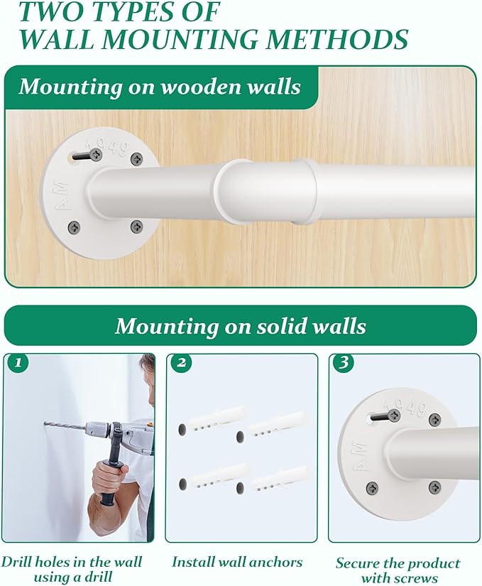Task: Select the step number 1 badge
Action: pyautogui.click(x=17, y=362)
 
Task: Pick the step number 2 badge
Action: pyautogui.click(x=182, y=362)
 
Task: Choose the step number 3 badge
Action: pyautogui.click(x=344, y=362)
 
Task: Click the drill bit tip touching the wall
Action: pyautogui.click(x=45, y=424)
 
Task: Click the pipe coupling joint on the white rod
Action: pyautogui.click(x=265, y=192)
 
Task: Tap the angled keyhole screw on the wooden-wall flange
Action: pyautogui.click(x=88, y=155)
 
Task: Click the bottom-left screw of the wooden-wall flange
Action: pyautogui.click(x=75, y=227)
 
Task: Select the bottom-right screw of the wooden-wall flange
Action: pyautogui.click(x=137, y=226)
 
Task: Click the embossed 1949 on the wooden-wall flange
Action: pyautogui.click(x=106, y=148)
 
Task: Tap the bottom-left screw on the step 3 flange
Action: pyautogui.click(x=371, y=487)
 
